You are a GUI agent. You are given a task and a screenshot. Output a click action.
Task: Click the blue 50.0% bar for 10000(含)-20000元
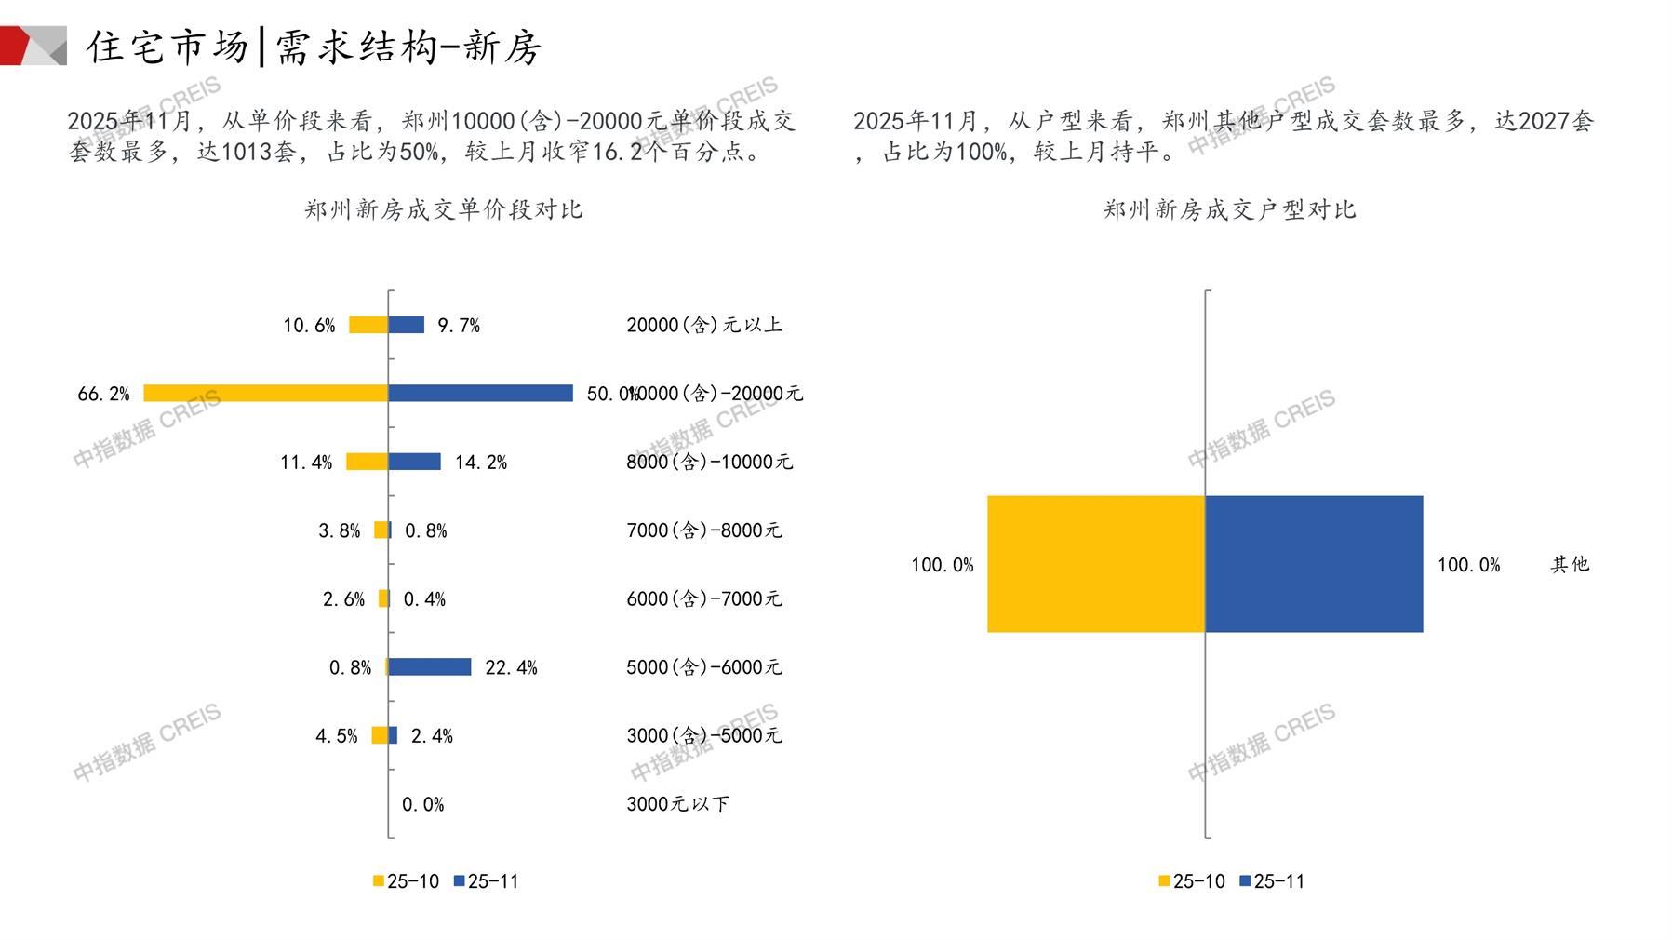tap(480, 393)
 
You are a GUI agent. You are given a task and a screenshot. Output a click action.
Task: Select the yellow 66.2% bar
tap(265, 393)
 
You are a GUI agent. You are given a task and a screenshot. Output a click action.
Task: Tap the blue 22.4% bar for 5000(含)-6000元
tap(429, 666)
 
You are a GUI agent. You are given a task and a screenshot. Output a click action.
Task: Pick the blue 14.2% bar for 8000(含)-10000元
tap(414, 462)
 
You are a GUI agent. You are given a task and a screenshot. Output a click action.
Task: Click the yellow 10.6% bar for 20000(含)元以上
tap(368, 325)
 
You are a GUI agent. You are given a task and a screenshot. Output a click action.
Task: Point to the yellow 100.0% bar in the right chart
tap(1096, 564)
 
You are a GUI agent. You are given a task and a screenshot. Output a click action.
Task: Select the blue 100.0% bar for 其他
tap(1314, 564)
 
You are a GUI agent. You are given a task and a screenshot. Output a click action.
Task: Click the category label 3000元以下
tap(677, 804)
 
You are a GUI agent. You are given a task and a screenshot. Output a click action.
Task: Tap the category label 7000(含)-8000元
tap(704, 530)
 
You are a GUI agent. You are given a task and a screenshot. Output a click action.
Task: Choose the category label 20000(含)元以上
tap(704, 325)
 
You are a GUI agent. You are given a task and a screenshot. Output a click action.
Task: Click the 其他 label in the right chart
tap(1570, 564)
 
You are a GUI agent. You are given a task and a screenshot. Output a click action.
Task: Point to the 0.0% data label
tap(422, 804)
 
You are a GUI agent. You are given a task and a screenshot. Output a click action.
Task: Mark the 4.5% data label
tap(336, 736)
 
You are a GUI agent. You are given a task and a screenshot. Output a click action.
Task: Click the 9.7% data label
tap(459, 325)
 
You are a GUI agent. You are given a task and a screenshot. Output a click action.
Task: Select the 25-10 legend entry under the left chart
tap(406, 881)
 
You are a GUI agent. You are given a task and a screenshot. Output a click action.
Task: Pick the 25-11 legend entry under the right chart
tap(1272, 881)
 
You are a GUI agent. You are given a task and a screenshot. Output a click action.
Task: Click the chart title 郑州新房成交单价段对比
tap(443, 209)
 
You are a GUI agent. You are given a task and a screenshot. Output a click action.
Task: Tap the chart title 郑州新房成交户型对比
tap(1229, 209)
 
